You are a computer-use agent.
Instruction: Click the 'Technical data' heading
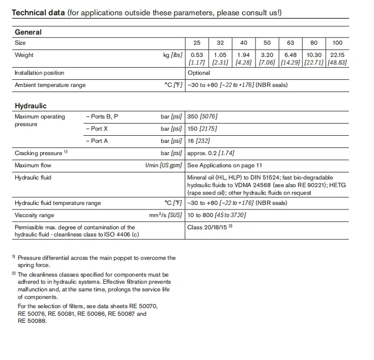click(x=38, y=12)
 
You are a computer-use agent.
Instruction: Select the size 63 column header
click(x=291, y=43)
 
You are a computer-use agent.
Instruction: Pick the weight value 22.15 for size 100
click(x=337, y=55)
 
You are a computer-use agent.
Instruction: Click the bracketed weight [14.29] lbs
click(x=291, y=63)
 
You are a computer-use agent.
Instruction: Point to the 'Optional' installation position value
click(x=198, y=73)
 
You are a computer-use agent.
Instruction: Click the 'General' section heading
click(x=28, y=32)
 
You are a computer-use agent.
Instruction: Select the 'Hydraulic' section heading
click(x=31, y=106)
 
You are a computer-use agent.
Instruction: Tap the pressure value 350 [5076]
click(x=203, y=117)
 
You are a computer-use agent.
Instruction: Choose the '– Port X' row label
click(x=97, y=129)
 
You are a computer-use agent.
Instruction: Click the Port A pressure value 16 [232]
click(x=199, y=141)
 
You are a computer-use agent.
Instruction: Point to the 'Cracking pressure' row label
click(x=38, y=153)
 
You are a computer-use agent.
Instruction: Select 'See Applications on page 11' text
click(x=224, y=166)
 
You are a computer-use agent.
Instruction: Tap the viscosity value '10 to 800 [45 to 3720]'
click(x=216, y=216)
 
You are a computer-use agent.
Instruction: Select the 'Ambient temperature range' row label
click(x=50, y=85)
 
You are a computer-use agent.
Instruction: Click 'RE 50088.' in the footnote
click(x=32, y=321)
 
